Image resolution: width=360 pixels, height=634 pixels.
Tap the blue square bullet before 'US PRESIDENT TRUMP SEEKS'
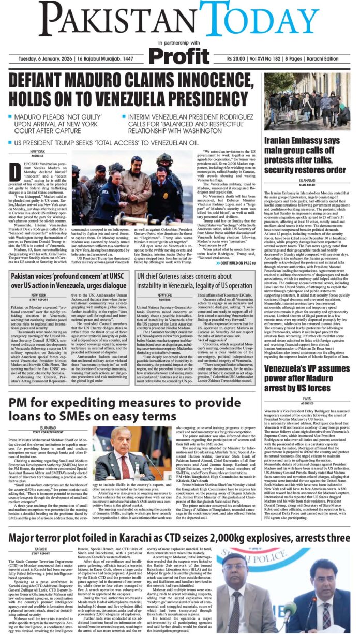click(11, 142)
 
